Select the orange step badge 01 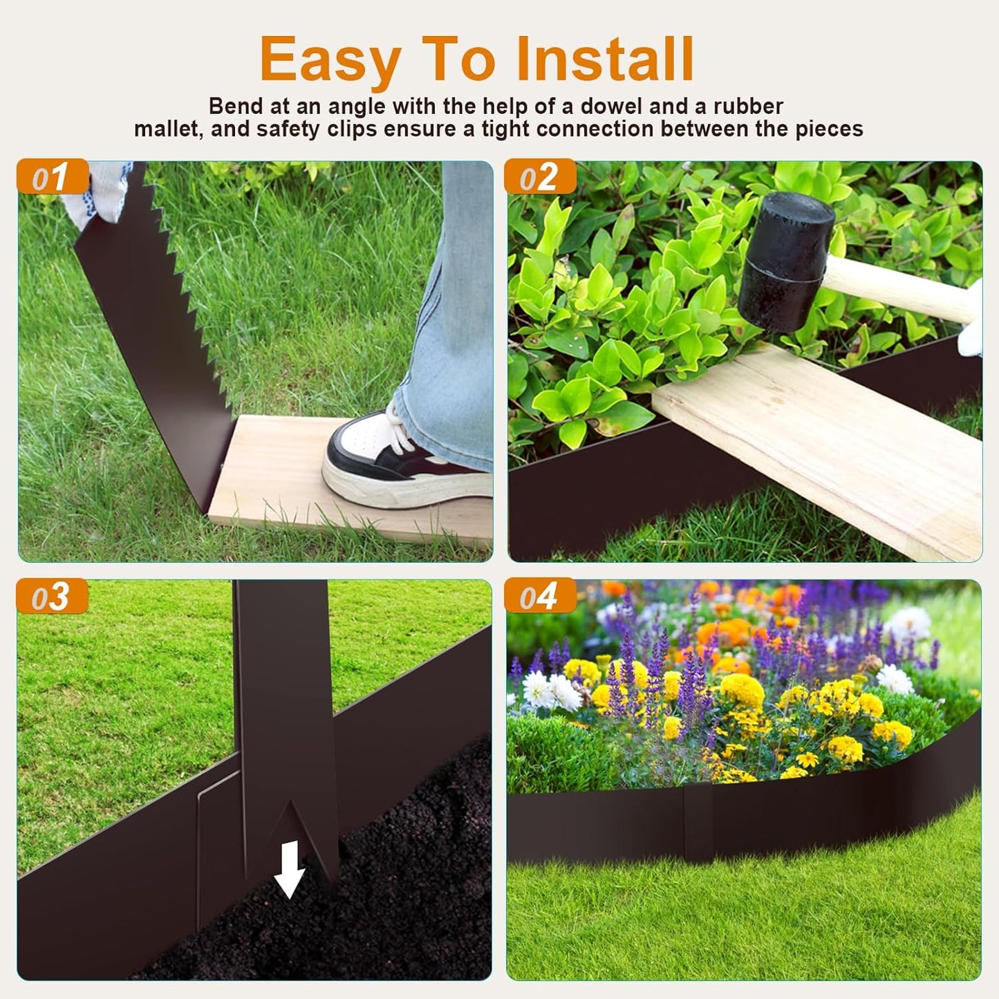coord(53,177)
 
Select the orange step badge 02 coord(540,177)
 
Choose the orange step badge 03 coord(53,596)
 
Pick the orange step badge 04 coord(540,596)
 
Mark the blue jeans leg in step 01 coord(456,311)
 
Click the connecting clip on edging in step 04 coord(698,823)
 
